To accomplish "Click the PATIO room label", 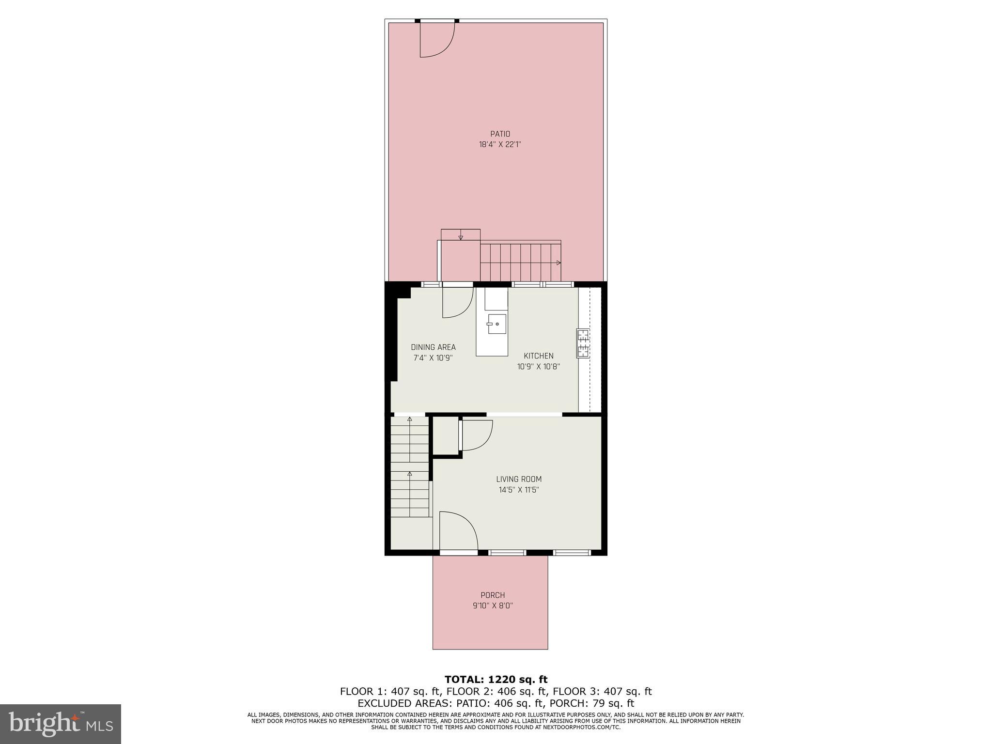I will [x=500, y=134].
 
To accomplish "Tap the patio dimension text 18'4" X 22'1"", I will [x=500, y=144].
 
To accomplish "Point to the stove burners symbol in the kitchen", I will [x=583, y=343].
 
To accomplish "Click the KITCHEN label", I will [x=538, y=356].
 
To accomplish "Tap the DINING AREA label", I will [x=433, y=347].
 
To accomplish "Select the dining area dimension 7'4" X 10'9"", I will [x=433, y=358].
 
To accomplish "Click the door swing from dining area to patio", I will [x=456, y=303].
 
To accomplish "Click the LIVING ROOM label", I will [x=519, y=479].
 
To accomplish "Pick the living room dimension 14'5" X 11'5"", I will [x=519, y=490].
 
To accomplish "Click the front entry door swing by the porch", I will [x=458, y=530].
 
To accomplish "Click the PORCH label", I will [x=493, y=595].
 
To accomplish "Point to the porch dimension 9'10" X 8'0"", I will [x=493, y=605].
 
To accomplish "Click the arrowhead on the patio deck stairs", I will [x=558, y=263].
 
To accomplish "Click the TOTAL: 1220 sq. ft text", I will [x=496, y=680].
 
